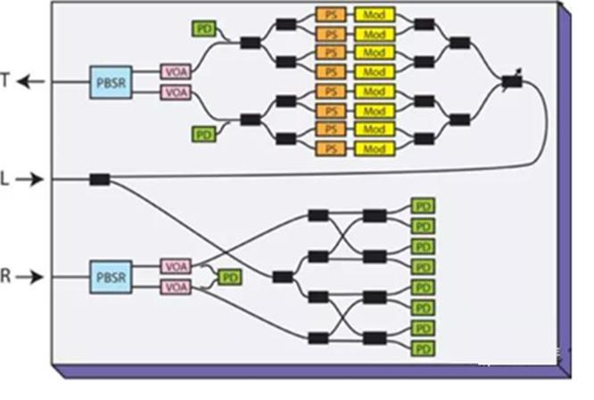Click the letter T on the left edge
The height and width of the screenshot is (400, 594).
click(6, 81)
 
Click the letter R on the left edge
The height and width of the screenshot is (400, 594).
click(6, 277)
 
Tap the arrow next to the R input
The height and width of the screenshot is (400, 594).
click(30, 277)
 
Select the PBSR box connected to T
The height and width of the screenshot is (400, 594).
click(111, 81)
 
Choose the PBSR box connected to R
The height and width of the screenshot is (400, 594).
click(111, 277)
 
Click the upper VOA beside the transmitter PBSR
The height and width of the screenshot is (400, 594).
click(175, 71)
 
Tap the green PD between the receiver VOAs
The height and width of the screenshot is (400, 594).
click(229, 277)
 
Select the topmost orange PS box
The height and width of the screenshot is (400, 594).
click(330, 16)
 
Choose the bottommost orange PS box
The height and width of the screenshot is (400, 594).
click(330, 148)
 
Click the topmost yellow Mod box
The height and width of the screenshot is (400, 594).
click(374, 16)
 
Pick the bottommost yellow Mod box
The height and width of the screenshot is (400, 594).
click(374, 148)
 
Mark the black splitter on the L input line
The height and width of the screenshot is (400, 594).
click(99, 180)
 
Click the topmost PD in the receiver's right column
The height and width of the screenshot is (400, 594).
click(422, 206)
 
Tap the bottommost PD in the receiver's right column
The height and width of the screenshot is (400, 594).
click(422, 347)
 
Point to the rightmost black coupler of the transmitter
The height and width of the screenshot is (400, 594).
click(511, 81)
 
